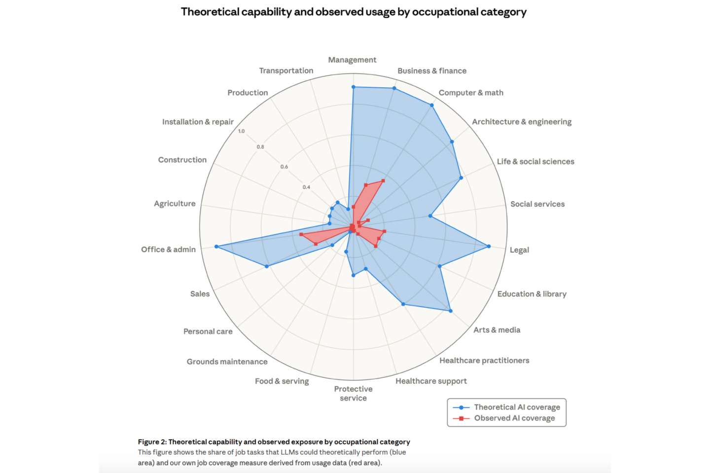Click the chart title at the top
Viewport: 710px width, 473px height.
354,12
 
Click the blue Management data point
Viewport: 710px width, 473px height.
353,87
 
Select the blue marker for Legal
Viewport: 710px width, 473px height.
489,246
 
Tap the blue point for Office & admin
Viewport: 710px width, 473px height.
216,246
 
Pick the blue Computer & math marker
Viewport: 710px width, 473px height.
432,105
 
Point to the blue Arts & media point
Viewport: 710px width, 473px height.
450,311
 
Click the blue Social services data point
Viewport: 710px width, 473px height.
430,216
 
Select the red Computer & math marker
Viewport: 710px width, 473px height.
383,181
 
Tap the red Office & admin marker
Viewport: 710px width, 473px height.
301,235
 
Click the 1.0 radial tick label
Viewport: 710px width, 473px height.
241,131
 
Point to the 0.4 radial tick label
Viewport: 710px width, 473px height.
306,187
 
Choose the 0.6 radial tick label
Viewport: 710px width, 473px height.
284,167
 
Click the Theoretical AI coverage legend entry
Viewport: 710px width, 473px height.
517,407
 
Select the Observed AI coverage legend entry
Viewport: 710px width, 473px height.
514,418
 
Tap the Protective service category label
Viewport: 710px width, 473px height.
353,393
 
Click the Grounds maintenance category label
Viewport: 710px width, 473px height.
227,362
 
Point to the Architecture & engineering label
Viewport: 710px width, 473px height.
522,122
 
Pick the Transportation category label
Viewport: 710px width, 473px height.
286,70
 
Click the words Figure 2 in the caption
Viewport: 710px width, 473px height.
152,442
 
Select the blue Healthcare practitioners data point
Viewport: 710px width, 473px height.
403,304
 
